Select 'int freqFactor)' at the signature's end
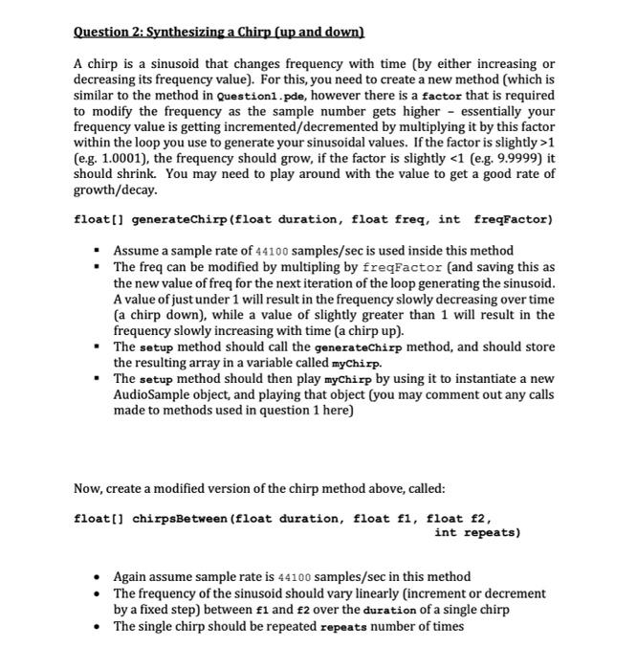tap(497, 220)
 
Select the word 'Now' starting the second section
tap(88, 489)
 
